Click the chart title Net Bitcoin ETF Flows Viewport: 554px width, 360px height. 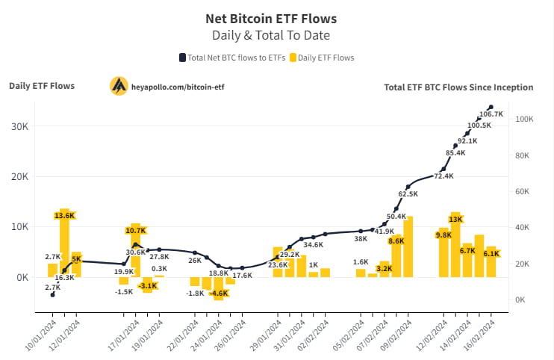[x=270, y=17]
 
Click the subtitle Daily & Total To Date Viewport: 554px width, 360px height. [x=270, y=34]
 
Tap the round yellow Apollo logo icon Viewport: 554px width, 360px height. [x=119, y=86]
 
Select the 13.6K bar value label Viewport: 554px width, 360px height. [x=64, y=215]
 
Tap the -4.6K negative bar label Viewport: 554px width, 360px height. [x=219, y=294]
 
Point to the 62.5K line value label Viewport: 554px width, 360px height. [x=408, y=194]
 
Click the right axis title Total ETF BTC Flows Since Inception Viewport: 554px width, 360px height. [x=458, y=87]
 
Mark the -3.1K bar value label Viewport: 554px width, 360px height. [x=147, y=285]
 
